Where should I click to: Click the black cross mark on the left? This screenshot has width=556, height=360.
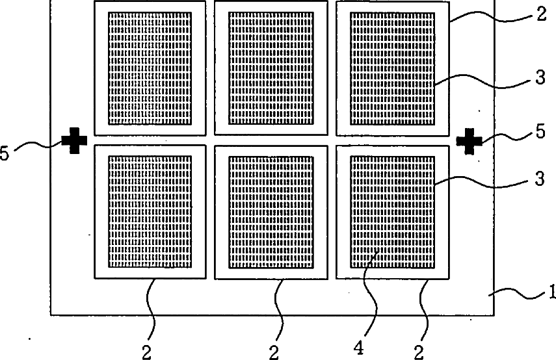click(x=74, y=140)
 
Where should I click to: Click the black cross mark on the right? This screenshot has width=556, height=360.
click(x=469, y=142)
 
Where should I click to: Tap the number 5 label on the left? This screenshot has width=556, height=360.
click(x=5, y=154)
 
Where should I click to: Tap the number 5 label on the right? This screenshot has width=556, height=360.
click(x=540, y=131)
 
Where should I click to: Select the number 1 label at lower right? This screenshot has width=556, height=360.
click(x=551, y=292)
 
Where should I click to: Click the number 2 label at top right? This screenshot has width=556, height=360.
click(x=542, y=14)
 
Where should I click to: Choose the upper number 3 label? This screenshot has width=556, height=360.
click(x=540, y=77)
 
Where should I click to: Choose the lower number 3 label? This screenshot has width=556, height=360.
click(x=540, y=179)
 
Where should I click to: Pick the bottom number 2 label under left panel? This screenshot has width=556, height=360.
click(x=147, y=352)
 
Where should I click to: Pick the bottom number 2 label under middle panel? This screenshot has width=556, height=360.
click(x=274, y=352)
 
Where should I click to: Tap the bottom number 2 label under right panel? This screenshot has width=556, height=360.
click(x=419, y=352)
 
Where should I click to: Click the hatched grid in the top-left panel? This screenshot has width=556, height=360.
click(x=150, y=68)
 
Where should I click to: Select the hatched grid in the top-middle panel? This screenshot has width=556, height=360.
click(x=271, y=68)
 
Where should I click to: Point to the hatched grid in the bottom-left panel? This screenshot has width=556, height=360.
click(x=150, y=212)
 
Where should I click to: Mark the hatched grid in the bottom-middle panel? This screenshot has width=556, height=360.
click(x=271, y=212)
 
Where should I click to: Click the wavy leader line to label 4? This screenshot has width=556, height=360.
click(x=371, y=295)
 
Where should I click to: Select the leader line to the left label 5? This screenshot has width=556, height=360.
click(x=38, y=144)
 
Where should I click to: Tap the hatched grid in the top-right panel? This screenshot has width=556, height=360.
click(x=393, y=68)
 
